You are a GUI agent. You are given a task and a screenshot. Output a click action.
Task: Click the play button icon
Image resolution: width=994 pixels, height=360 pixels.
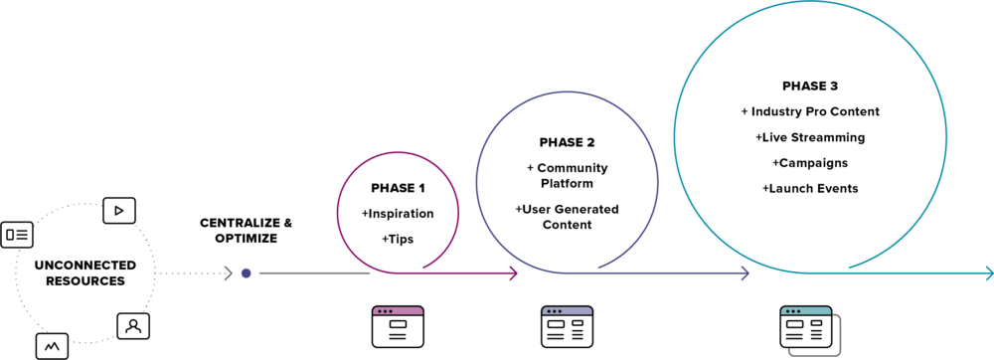[x=119, y=210]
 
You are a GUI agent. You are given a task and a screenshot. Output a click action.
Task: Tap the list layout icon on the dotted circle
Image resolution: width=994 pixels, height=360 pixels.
[x=17, y=235]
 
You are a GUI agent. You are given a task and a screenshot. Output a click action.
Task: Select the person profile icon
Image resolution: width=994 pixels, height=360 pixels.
[x=133, y=325]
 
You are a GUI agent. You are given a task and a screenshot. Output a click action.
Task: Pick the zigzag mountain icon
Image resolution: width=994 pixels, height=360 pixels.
[x=52, y=346]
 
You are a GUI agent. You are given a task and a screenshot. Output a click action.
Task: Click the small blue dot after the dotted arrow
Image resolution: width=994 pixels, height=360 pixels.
[x=246, y=272]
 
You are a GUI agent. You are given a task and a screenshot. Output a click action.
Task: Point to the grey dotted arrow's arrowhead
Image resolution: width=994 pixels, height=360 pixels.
[x=229, y=272]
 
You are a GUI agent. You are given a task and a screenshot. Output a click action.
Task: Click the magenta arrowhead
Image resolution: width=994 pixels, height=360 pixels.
[x=514, y=273]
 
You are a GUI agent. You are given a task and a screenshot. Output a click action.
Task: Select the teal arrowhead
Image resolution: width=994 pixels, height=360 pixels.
[x=988, y=272]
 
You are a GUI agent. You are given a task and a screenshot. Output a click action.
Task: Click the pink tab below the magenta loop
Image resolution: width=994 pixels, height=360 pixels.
[x=398, y=311]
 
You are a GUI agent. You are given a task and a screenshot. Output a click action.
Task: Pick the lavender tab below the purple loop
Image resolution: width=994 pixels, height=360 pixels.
[x=567, y=311]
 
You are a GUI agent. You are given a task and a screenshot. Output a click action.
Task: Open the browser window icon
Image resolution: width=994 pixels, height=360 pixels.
[x=806, y=327]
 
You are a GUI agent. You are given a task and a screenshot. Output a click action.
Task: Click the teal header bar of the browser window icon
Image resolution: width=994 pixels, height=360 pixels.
[x=806, y=311]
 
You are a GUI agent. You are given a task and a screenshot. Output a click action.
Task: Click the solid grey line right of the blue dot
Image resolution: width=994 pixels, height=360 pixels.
[x=313, y=272]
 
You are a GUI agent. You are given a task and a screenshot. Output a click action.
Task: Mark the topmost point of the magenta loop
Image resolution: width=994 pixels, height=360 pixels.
[x=398, y=153]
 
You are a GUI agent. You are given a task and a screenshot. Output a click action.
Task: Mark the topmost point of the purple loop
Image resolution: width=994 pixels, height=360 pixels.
[x=567, y=92]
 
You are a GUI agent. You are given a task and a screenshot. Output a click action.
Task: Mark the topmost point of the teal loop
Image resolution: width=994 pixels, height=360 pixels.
[x=810, y=2]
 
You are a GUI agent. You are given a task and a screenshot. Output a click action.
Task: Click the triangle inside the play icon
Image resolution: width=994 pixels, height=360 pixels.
[x=119, y=210]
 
